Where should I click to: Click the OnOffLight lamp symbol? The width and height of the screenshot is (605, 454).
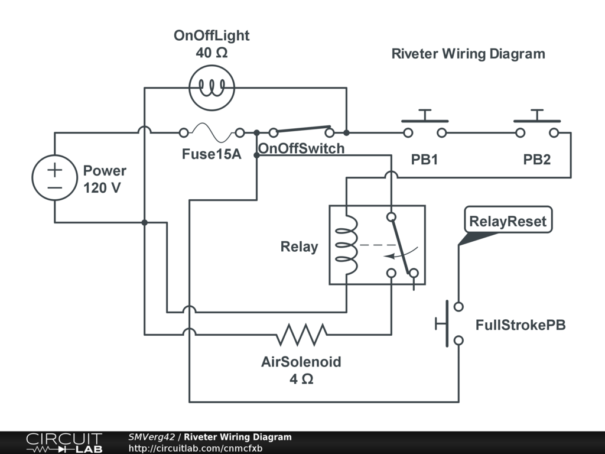[211, 88]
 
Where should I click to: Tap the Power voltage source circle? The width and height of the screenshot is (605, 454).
[54, 178]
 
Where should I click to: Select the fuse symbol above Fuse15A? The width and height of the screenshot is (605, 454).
[212, 132]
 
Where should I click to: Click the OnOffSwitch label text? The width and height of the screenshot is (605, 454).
[301, 148]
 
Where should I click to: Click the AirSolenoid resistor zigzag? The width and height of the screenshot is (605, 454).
[301, 335]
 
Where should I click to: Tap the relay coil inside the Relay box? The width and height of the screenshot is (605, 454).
[347, 244]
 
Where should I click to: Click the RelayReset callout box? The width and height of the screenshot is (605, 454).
[508, 222]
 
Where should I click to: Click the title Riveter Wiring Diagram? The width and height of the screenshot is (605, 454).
[468, 54]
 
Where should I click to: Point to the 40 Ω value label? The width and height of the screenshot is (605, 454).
[212, 53]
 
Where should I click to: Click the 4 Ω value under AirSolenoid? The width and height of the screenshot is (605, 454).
[301, 379]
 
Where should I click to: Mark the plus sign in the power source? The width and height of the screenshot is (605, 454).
[54, 170]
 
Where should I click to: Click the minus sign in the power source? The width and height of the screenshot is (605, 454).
[54, 187]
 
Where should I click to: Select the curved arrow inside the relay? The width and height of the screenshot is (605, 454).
[402, 254]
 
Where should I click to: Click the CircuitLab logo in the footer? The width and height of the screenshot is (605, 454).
[64, 443]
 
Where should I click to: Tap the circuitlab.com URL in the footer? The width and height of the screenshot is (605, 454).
[196, 448]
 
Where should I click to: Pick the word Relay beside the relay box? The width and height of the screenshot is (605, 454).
[299, 247]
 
